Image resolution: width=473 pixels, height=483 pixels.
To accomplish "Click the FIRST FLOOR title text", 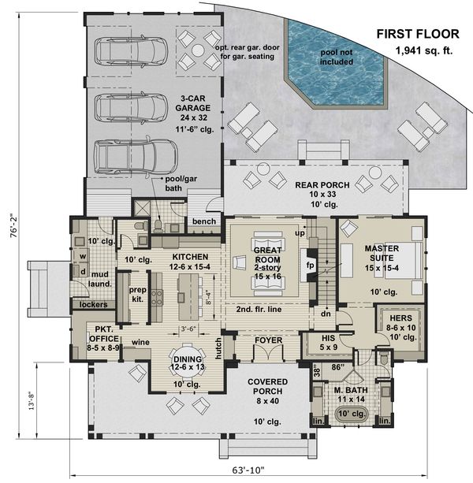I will pyautogui.click(x=415, y=33).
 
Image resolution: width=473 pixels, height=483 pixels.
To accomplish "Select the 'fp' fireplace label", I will pyautogui.click(x=310, y=266).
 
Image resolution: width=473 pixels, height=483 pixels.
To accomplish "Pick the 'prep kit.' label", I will pyautogui.click(x=137, y=294).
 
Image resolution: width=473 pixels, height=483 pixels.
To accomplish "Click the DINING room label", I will pyautogui.click(x=188, y=360).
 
